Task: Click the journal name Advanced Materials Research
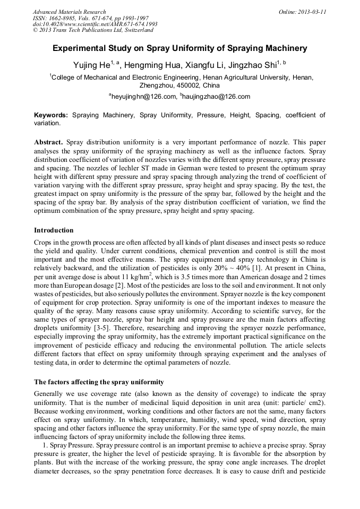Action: coord(69,12)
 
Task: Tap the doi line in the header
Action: coord(95,24)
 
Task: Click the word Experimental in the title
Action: coord(79,48)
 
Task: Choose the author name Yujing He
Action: coord(91,65)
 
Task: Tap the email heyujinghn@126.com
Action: coord(143,97)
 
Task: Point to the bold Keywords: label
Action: coord(51,115)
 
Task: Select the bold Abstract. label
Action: coord(49,143)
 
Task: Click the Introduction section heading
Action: coord(54,230)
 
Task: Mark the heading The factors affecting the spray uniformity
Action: coord(99,382)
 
